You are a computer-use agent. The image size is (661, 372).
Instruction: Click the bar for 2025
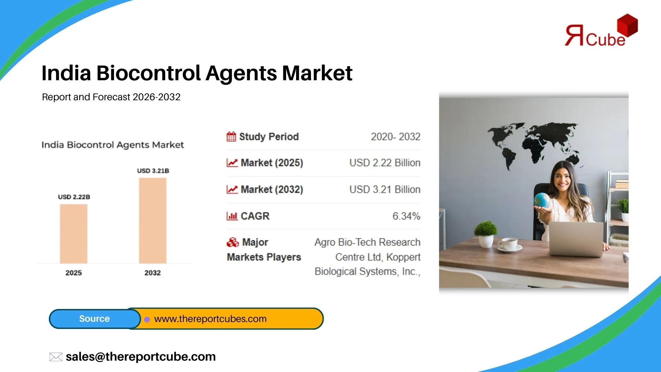74,234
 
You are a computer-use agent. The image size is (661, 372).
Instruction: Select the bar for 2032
153,221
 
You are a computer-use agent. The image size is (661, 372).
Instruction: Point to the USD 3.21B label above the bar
153,171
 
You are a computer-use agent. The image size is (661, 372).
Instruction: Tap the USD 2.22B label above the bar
74,197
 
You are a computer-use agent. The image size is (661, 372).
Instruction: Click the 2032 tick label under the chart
153,273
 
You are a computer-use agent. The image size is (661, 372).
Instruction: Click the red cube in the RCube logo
627,25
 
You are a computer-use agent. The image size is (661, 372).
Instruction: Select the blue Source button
95,319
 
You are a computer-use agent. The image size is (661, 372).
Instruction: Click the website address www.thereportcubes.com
210,319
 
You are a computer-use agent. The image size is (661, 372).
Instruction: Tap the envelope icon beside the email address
56,357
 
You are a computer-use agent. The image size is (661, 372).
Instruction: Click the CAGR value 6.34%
406,216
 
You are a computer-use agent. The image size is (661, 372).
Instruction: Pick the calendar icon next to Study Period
231,136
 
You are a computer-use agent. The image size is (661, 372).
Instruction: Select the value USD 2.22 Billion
385,163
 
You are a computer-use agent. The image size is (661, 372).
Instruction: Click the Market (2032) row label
272,189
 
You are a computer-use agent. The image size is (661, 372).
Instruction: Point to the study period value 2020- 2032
396,137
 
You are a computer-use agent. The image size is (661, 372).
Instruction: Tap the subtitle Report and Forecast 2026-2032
111,97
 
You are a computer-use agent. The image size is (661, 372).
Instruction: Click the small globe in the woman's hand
542,200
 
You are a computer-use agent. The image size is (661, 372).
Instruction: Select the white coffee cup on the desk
509,244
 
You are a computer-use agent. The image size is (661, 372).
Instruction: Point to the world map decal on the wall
534,145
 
